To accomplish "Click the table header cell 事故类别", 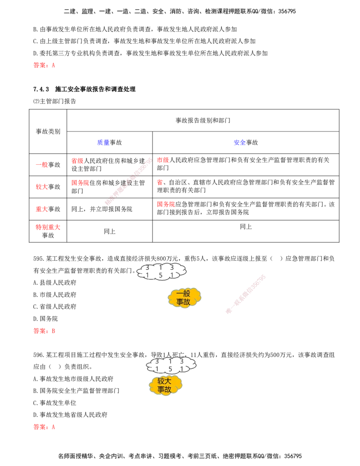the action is click(x=48, y=131).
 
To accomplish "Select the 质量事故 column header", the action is click(x=109, y=142).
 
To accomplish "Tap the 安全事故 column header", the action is click(x=246, y=142).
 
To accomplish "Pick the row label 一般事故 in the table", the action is click(x=48, y=165).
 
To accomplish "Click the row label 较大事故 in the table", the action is click(x=48, y=187).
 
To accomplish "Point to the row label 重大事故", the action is click(x=48, y=209).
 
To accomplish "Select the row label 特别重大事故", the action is click(x=48, y=231).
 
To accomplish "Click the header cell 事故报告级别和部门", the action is click(x=203, y=120).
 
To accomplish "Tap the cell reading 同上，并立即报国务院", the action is click(x=102, y=209).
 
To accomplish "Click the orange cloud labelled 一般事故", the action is click(x=184, y=298).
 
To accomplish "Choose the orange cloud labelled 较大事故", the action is click(x=165, y=385).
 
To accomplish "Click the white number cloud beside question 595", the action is click(x=162, y=271).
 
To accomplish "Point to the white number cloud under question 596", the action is click(x=171, y=365).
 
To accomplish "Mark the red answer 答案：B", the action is click(x=44, y=331).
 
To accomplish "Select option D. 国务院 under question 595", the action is click(x=45, y=319).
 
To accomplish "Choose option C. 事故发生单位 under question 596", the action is click(x=54, y=403).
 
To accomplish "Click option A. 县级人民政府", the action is click(x=54, y=282).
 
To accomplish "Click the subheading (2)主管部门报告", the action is click(x=54, y=101).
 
